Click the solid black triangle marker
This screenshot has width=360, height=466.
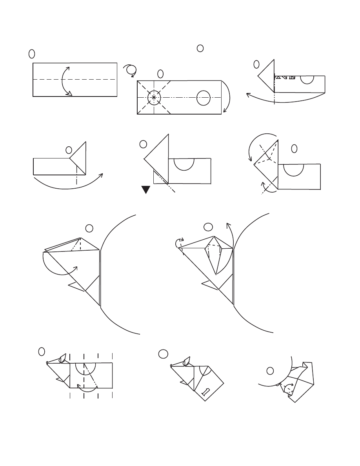(146, 190)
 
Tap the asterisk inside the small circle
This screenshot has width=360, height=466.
(153, 96)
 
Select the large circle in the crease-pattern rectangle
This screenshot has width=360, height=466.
(203, 98)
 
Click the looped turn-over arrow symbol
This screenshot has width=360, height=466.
(131, 70)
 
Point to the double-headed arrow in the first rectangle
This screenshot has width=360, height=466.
(65, 81)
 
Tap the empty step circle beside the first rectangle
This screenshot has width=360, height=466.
(32, 53)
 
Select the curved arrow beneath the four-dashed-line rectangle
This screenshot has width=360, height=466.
(87, 388)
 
